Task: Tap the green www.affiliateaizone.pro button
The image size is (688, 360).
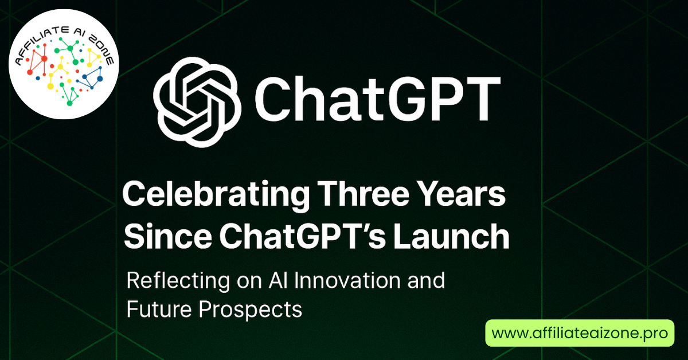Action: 580,333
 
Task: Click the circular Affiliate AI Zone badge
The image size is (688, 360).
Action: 64,64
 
